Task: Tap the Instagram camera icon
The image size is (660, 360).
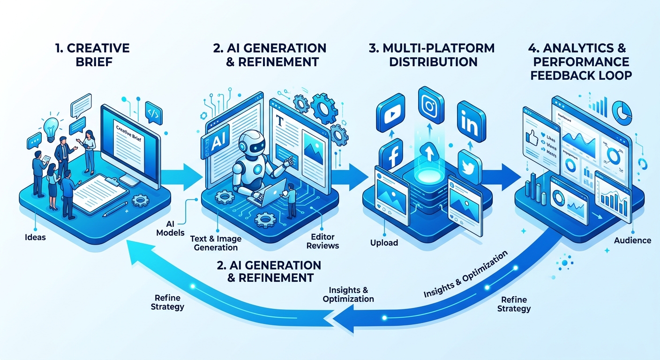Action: click(430, 105)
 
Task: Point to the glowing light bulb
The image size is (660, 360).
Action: click(50, 126)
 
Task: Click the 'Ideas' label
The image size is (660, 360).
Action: click(35, 237)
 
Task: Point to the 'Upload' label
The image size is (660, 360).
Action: click(384, 243)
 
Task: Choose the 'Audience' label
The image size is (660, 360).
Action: click(632, 240)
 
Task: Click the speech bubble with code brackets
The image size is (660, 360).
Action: click(153, 112)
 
